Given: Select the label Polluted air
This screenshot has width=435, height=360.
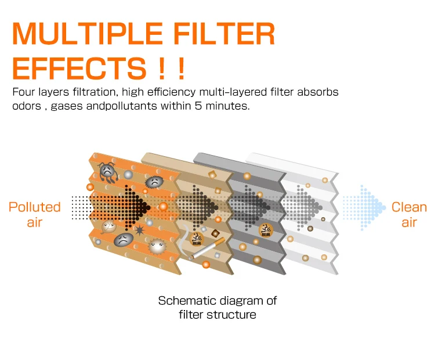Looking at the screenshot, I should coord(35,214).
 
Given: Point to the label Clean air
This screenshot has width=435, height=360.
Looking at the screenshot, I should coord(409,214).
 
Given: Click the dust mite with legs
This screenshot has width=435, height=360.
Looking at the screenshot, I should coord(107,170).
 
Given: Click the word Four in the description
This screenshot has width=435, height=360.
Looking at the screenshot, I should coord(24,92).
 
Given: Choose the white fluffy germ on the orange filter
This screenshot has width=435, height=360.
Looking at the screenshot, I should coord(157,246).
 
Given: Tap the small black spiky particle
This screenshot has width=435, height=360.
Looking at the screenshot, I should coord(139,232).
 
